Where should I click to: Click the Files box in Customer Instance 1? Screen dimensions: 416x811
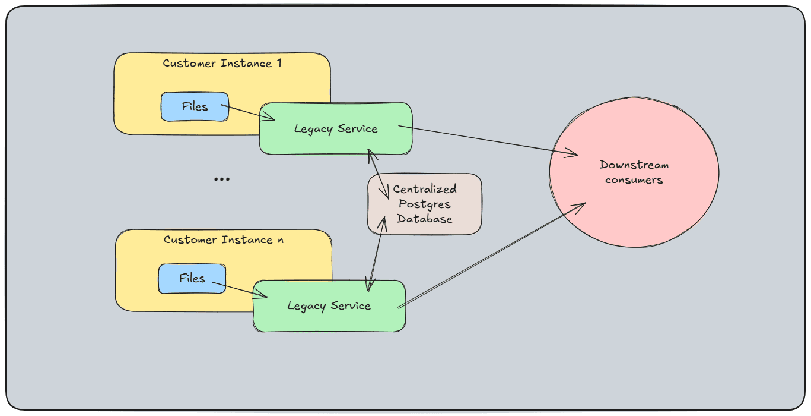(x=195, y=107)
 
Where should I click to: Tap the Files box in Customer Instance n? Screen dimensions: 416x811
(x=192, y=279)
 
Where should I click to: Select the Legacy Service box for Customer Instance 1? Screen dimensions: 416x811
(x=336, y=129)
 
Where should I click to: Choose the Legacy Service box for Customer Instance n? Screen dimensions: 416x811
(x=329, y=306)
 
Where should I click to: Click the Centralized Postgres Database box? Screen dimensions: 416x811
(x=425, y=204)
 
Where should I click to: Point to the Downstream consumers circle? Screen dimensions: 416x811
(x=634, y=172)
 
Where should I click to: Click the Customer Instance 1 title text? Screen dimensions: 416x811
(x=222, y=63)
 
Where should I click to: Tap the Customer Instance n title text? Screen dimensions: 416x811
(x=223, y=239)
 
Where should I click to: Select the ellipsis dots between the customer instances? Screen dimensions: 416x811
(x=221, y=179)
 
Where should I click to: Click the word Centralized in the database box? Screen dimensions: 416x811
(x=425, y=189)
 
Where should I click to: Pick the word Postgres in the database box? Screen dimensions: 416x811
(x=425, y=204)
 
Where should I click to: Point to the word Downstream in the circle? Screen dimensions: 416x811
(x=634, y=165)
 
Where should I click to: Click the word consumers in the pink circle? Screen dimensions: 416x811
(x=634, y=180)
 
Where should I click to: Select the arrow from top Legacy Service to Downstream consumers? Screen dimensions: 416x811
(x=486, y=140)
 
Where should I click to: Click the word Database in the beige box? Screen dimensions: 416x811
(x=425, y=219)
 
